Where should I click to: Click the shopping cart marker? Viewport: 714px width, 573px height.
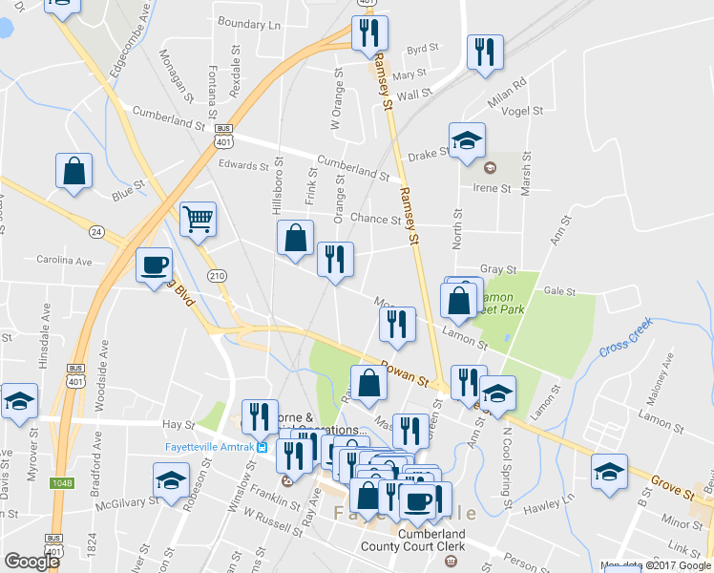point(198,220)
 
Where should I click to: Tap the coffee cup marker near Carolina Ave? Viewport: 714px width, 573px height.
point(153,265)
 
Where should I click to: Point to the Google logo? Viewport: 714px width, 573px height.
point(31,562)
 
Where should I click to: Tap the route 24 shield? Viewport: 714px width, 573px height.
point(96,232)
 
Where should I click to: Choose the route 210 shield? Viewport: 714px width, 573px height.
point(218,276)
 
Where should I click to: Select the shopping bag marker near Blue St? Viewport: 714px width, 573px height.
point(73,172)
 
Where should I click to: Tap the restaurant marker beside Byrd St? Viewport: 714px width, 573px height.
point(485,53)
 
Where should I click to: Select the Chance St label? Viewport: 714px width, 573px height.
point(368,219)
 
